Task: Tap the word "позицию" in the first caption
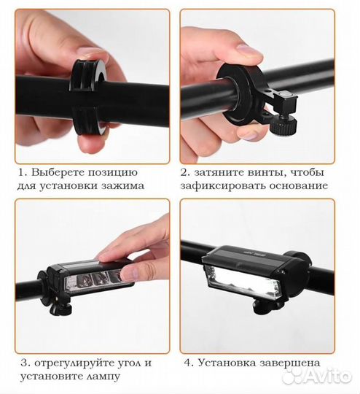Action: coord(112,174)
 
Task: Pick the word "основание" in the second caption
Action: coord(299,186)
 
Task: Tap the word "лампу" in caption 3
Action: coord(103,376)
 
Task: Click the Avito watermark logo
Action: coord(317,376)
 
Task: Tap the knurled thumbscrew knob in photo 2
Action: coord(284,125)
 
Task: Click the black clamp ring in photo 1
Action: coord(88,97)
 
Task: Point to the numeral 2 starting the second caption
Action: coord(184,173)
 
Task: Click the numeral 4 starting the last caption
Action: coord(188,363)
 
